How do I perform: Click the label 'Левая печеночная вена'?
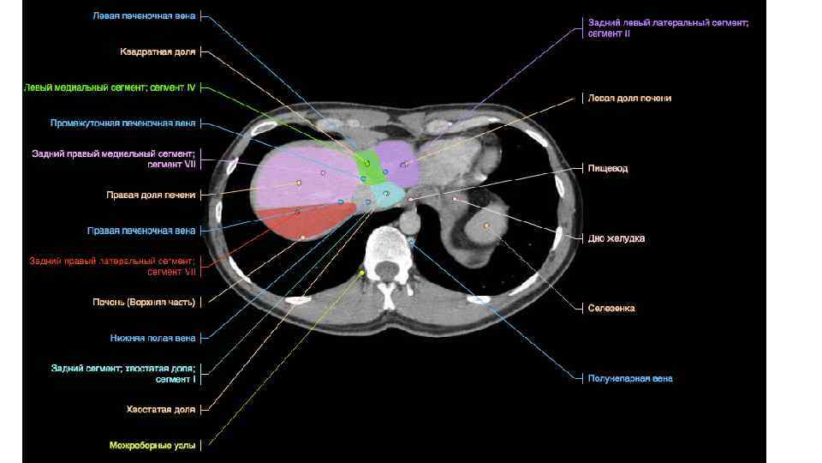(144, 16)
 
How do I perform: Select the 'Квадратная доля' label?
(158, 52)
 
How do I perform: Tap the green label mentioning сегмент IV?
(110, 87)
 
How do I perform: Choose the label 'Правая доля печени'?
(151, 195)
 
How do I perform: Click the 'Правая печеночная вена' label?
(141, 231)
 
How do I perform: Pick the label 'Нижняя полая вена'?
(152, 338)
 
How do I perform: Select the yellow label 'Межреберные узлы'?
(152, 445)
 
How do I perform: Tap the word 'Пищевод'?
(607, 169)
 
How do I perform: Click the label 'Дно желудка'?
(616, 238)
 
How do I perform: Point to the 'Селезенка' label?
(611, 308)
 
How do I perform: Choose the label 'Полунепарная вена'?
(629, 378)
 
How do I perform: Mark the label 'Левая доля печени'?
(629, 99)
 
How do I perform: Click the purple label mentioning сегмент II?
(668, 28)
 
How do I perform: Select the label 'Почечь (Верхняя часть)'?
(144, 302)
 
